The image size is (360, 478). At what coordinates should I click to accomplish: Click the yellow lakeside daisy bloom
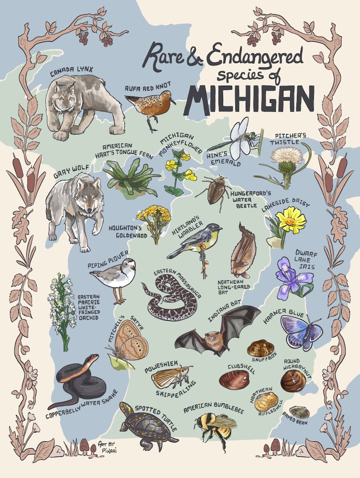point(292,220)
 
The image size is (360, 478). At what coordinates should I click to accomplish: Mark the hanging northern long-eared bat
point(243,251)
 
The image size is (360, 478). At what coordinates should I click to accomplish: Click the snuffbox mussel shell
point(261,348)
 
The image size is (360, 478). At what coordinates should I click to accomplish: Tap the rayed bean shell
point(299,412)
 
